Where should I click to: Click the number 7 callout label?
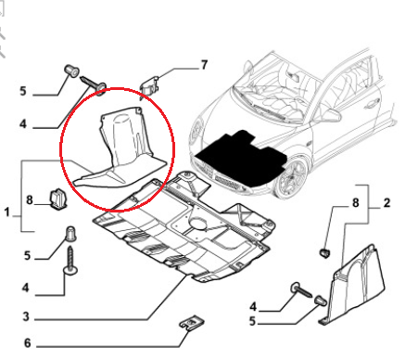[204, 65]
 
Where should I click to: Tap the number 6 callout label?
[28, 342]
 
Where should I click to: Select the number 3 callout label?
[26, 316]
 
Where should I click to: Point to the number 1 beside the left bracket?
[6, 212]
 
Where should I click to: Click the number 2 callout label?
[386, 203]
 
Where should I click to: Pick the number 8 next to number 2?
[356, 203]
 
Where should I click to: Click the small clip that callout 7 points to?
[149, 85]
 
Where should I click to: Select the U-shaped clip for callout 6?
[188, 325]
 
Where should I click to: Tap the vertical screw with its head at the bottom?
[70, 261]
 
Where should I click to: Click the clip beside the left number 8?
[57, 199]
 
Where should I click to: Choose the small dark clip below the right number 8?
[324, 253]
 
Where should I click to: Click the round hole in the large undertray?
[197, 224]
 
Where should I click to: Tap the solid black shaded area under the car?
[240, 159]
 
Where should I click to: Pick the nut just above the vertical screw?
[70, 234]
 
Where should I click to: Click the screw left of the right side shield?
[301, 290]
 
